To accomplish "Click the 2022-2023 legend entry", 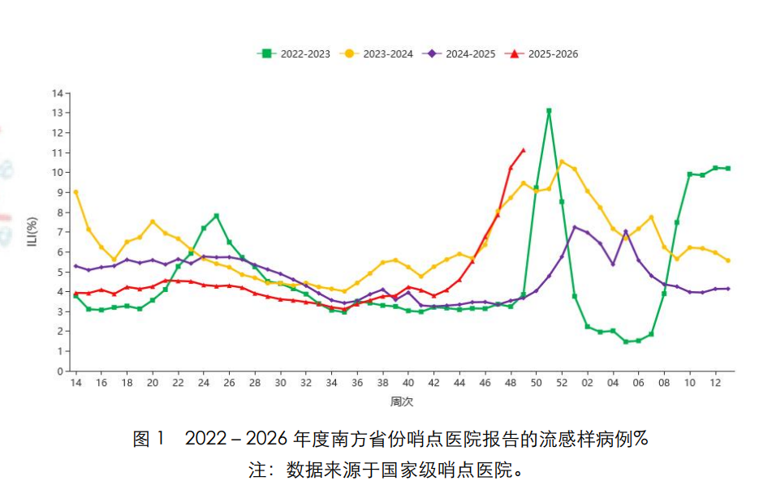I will coord(294,54).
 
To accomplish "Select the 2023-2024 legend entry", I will coord(377,54).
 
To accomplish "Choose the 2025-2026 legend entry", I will coord(541,54).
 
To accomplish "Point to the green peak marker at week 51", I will coord(549,110).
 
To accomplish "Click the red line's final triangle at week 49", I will coord(524,150).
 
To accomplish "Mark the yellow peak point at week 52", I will coord(562,162).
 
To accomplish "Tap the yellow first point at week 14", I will coord(75,192).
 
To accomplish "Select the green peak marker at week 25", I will coord(216,216).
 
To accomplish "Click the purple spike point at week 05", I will coord(626,232).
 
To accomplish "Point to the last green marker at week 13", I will coord(728,169).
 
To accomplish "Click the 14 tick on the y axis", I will coord(57,93).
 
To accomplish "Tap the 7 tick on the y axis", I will coord(59,232).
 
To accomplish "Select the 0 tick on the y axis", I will coord(59,371).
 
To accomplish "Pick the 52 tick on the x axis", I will coord(562,383).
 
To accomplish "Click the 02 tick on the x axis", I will coord(587,383).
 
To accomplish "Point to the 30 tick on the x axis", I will coord(280,383).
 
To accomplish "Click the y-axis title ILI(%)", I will coord(32,232).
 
